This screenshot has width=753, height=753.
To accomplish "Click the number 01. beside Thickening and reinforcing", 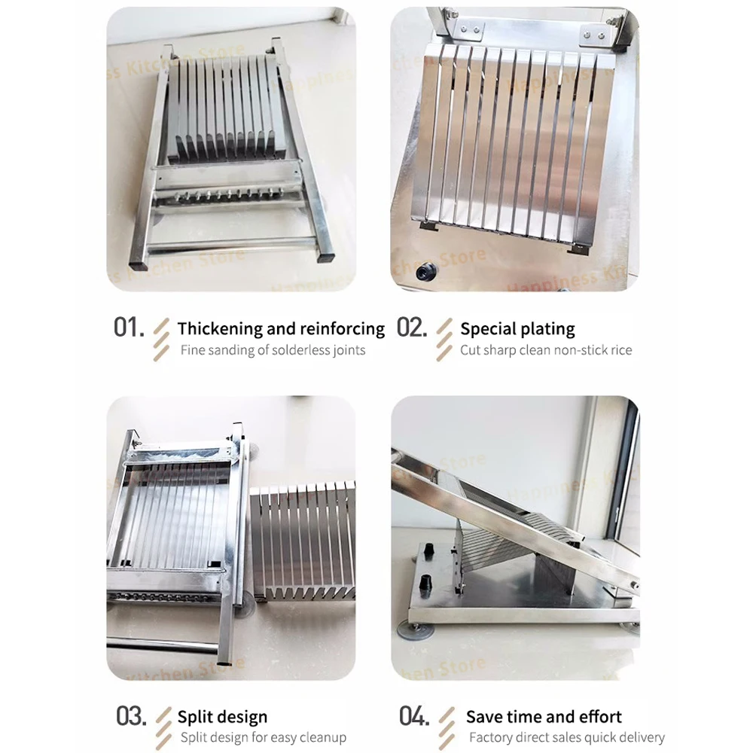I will click(x=128, y=328).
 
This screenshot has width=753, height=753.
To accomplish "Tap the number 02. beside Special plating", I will click(x=412, y=328).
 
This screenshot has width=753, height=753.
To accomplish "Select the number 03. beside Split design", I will click(x=131, y=716).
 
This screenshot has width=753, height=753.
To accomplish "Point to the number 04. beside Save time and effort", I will click(x=413, y=716).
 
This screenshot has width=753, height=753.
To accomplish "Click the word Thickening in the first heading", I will click(x=220, y=329).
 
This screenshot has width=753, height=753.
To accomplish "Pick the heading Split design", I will click(x=222, y=717).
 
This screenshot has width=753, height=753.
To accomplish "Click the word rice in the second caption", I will click(x=620, y=350).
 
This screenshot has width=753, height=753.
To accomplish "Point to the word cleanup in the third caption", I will click(x=319, y=737).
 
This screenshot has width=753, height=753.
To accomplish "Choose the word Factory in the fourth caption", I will click(x=492, y=737).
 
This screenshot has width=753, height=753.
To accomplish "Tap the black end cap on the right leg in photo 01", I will click(x=325, y=257).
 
